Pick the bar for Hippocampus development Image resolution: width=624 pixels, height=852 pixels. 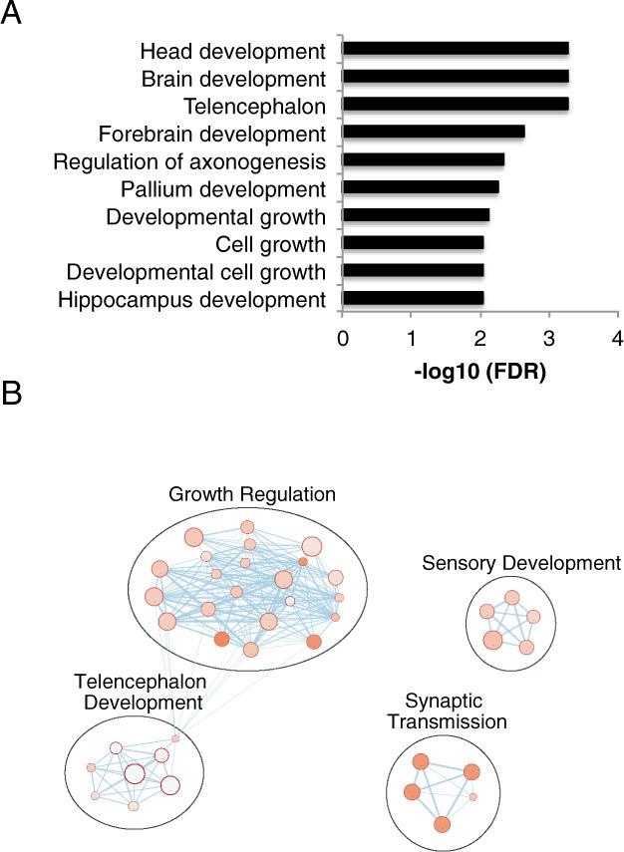(x=413, y=298)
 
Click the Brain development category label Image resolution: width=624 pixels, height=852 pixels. (x=231, y=77)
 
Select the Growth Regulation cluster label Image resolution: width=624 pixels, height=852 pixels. (x=252, y=494)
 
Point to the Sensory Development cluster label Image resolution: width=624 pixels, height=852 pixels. (x=521, y=563)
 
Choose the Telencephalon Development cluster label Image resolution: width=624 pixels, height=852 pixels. (x=141, y=692)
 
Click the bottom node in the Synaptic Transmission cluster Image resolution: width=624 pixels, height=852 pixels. (x=443, y=824)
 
